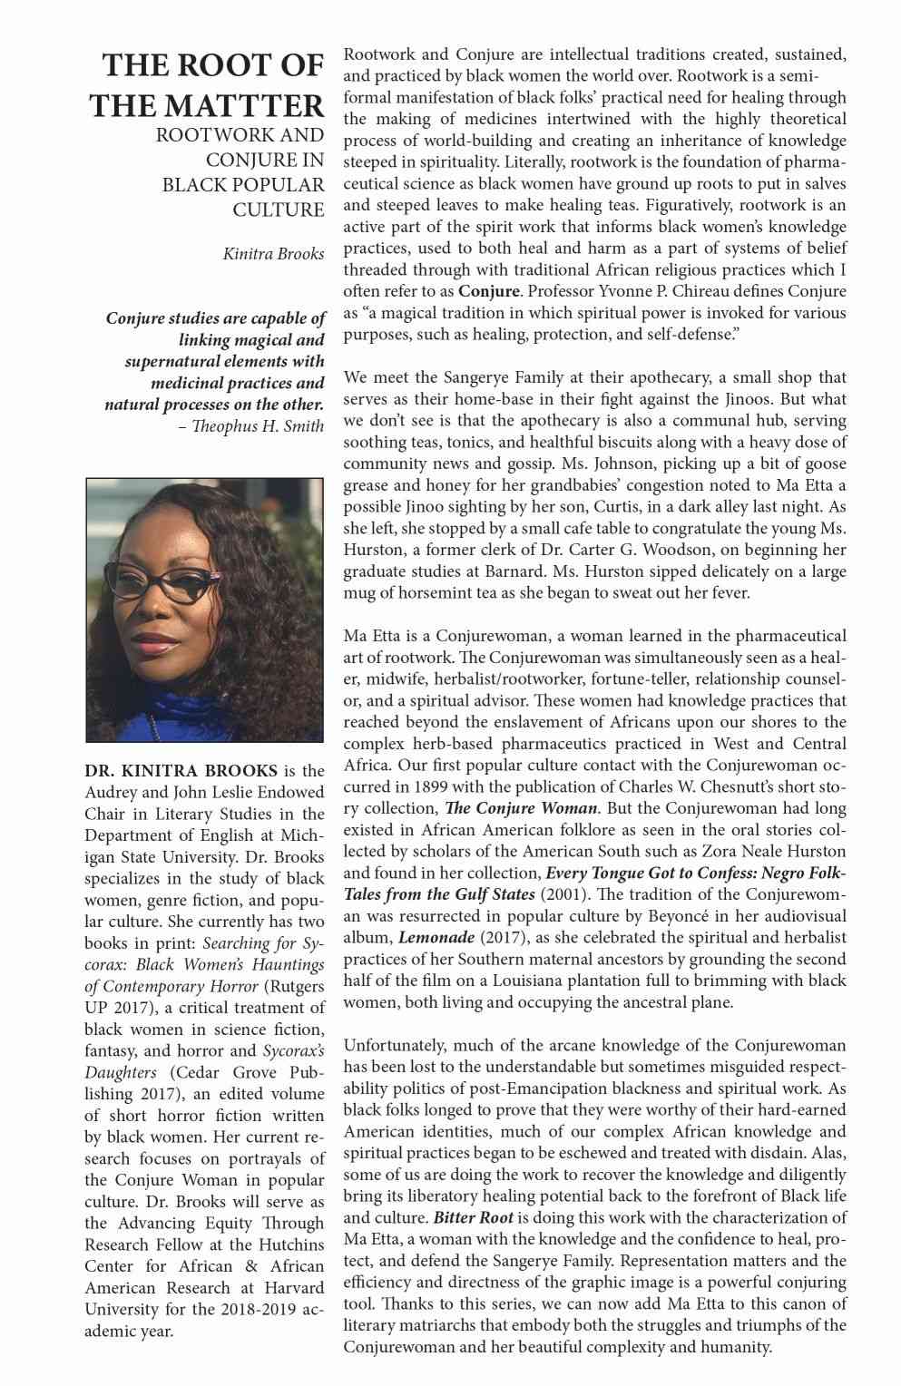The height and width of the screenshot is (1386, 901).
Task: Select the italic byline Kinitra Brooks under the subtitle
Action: [273, 254]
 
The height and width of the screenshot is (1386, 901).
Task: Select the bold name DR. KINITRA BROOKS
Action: [181, 771]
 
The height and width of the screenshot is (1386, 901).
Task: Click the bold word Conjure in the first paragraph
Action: [489, 291]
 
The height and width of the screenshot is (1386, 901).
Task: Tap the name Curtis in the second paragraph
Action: [620, 507]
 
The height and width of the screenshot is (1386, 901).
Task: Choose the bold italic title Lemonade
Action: [436, 937]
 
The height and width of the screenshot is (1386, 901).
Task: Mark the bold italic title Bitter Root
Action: [473, 1217]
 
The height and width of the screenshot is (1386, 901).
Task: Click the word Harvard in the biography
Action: [292, 1288]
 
